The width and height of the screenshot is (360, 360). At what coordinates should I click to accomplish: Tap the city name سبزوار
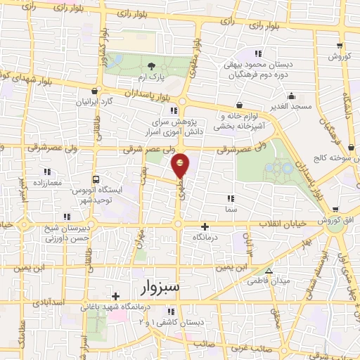pos(150,288)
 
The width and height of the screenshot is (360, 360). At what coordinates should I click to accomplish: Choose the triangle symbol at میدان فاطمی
pos(268,271)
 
